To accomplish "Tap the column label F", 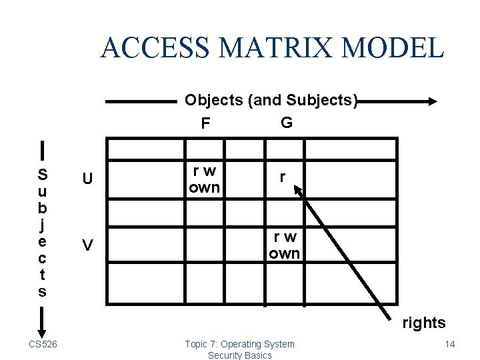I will click(x=205, y=123).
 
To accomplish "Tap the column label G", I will click(x=286, y=123).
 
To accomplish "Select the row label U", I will click(x=87, y=179).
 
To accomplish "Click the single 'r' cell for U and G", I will click(x=283, y=177).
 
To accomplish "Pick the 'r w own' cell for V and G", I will click(x=285, y=245).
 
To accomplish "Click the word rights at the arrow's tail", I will click(x=423, y=323).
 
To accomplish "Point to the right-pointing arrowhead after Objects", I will click(x=431, y=101).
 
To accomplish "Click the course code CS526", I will click(x=42, y=344).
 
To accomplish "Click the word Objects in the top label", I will click(x=214, y=101).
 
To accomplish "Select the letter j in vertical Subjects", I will click(x=42, y=225).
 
